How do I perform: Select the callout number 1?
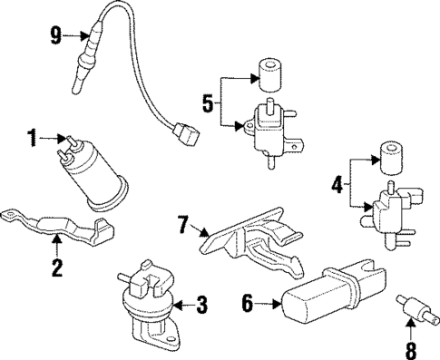[32, 138]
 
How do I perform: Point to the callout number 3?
[202, 302]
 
